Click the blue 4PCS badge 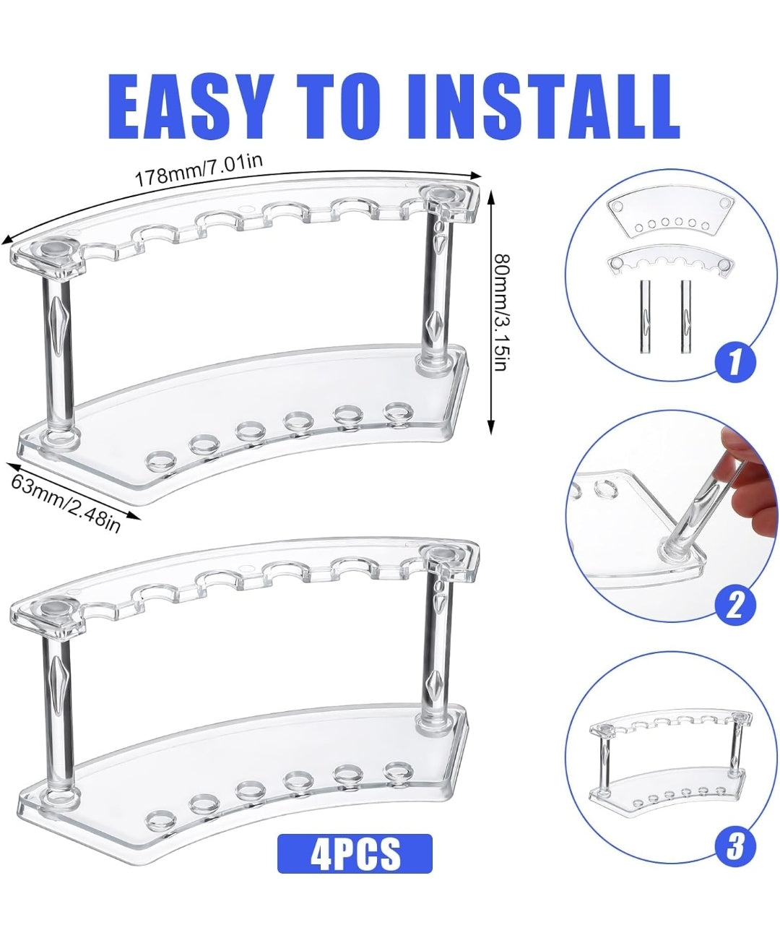pos(355,853)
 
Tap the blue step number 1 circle pos(734,360)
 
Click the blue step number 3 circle pos(734,845)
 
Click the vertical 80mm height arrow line pos(491,311)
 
